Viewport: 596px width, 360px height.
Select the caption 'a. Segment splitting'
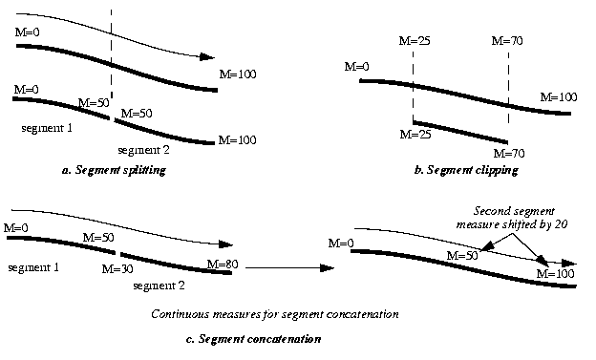point(113,170)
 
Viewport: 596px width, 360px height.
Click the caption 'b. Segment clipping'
point(468,170)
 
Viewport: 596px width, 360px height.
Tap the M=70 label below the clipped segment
point(509,153)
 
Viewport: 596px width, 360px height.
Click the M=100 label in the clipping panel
point(558,96)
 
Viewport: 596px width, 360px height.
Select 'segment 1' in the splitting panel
point(44,127)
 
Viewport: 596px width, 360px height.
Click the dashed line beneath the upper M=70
point(508,81)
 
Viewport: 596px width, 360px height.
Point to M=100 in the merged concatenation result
point(555,274)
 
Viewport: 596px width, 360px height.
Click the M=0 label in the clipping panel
point(357,67)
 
